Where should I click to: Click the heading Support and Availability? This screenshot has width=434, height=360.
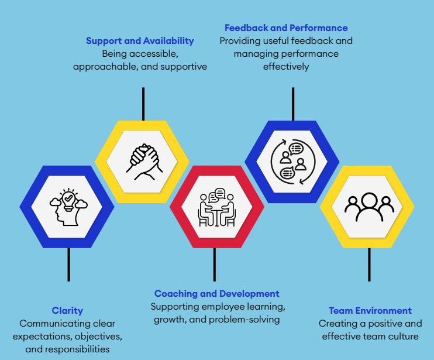[140, 41]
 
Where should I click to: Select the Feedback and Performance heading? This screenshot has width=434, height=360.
[286, 28]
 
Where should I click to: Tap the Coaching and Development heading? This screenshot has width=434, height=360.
[217, 293]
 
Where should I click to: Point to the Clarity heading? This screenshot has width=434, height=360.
[67, 311]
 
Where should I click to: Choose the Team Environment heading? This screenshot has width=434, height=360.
[370, 310]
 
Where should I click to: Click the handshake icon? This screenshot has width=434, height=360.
[144, 162]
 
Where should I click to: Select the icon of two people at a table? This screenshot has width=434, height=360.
[217, 207]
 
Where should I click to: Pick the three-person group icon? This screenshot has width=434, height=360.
[369, 207]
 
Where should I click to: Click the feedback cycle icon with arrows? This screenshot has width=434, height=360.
[293, 162]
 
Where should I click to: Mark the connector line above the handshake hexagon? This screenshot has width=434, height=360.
[143, 104]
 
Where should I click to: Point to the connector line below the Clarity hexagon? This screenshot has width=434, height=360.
[68, 265]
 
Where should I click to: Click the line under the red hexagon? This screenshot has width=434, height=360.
[215, 265]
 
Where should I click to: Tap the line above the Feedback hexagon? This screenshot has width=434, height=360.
[293, 104]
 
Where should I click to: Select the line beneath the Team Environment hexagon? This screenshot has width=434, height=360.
[369, 265]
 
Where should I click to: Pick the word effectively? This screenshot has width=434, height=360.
[286, 67]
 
